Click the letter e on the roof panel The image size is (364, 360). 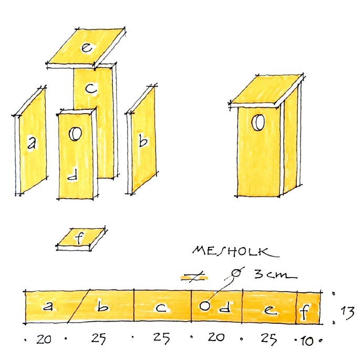87,47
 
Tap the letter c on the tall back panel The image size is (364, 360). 91,88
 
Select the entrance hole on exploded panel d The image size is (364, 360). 75,134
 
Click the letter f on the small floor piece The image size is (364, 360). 79,238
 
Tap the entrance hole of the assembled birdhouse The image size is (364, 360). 258,122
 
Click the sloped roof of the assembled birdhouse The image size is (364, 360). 267,90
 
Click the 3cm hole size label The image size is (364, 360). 275,274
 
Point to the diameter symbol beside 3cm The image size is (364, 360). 236,273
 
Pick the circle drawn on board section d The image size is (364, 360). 205,306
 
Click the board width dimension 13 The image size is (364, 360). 347,313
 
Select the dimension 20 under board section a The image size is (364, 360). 44,339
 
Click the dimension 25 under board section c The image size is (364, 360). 161,338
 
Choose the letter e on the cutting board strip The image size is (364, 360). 270,310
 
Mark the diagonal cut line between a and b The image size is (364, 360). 78,306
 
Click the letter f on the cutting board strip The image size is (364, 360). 305,312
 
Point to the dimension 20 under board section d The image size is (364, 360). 216,337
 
